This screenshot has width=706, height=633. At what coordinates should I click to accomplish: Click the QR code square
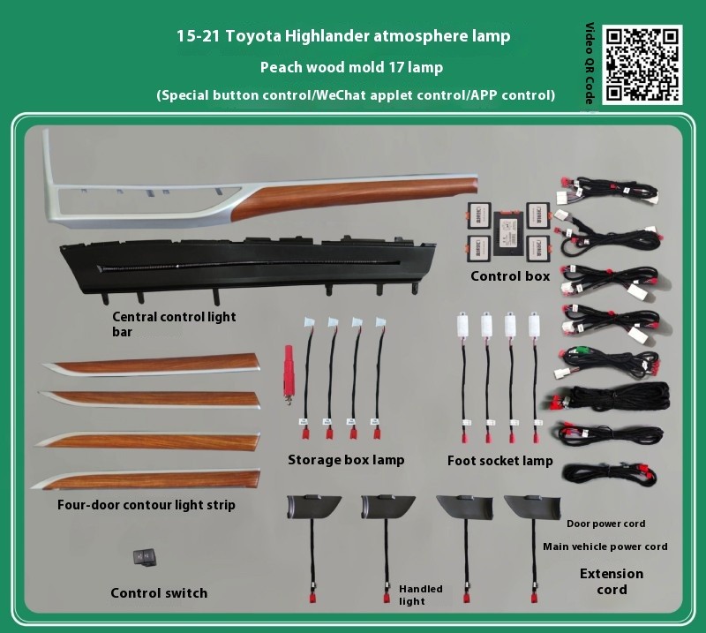pos(642,64)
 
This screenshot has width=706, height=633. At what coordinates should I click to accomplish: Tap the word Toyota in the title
pos(253,35)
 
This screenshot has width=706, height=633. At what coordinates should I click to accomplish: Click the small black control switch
pos(144,557)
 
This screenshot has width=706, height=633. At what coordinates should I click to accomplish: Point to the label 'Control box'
pos(510,275)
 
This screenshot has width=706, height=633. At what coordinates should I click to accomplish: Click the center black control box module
pos(510,234)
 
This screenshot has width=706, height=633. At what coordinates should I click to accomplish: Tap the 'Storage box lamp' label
pos(346,460)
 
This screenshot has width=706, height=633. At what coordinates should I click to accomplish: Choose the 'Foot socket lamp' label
pos(499,461)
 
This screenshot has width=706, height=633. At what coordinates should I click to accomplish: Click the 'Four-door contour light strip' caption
pos(146,505)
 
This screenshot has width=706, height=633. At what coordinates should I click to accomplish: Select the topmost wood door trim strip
pos(151,364)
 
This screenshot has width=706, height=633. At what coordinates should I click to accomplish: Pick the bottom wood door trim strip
pos(146,479)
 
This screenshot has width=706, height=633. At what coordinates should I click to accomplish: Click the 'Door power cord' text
pos(605,524)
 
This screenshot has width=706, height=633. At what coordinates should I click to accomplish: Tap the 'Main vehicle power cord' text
pos(605,546)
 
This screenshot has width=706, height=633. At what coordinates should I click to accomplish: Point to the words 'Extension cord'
pos(612,581)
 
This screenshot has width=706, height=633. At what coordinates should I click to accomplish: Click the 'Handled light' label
pos(421,595)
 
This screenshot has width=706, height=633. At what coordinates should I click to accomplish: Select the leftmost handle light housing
pos(313,507)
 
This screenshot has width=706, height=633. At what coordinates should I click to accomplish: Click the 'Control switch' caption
pos(159,593)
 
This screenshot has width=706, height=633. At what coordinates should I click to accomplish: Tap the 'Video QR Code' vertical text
pos(590,63)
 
